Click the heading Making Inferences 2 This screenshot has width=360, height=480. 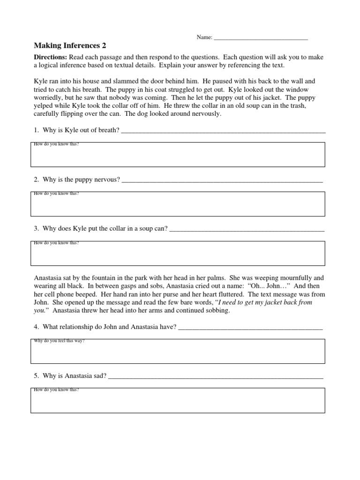[x=70, y=45]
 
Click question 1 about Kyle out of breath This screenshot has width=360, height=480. [x=76, y=130]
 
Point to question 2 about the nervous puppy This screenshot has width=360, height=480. [x=77, y=180]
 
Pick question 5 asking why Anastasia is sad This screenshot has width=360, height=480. [x=70, y=376]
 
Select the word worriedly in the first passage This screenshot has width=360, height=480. [x=51, y=97]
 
